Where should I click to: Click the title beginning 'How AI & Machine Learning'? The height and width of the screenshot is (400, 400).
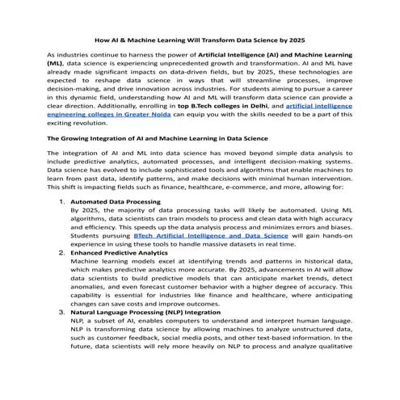tap(200, 40)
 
